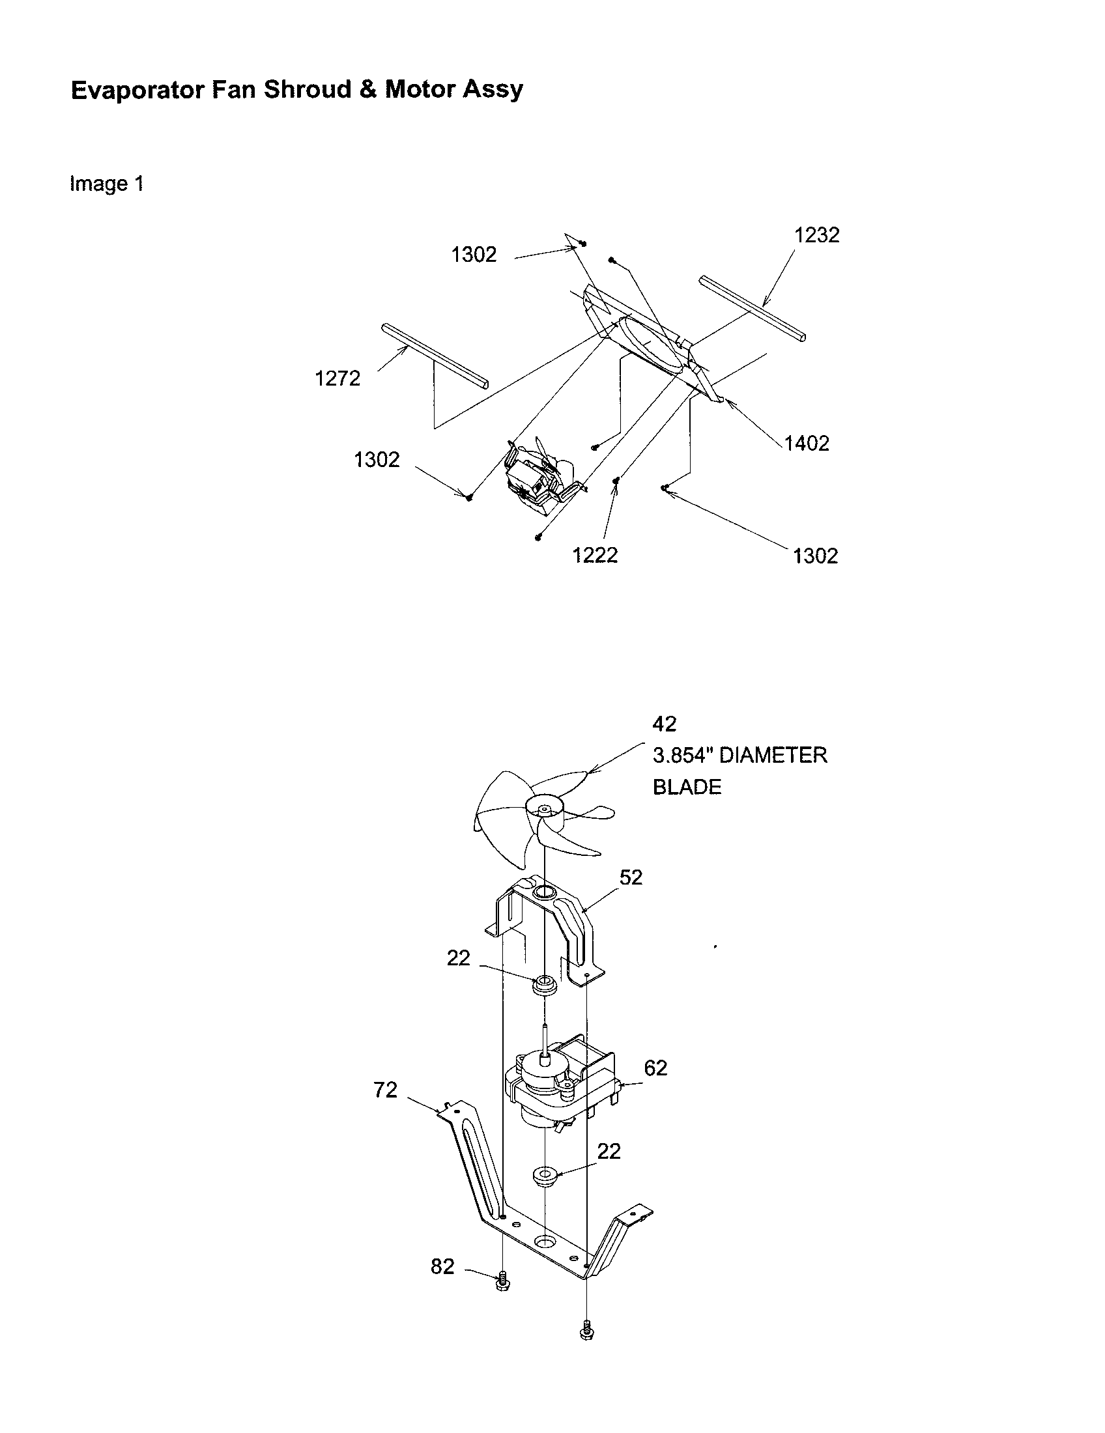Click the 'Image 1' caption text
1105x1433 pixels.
tap(106, 184)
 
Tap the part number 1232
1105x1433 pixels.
tap(816, 235)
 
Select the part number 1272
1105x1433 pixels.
tap(337, 378)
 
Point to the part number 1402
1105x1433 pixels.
tap(807, 444)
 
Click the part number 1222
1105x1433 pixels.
tap(594, 556)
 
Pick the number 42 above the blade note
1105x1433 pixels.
tap(664, 724)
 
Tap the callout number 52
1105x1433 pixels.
tap(631, 877)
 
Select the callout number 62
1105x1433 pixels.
tap(655, 1068)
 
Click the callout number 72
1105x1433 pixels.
tap(385, 1090)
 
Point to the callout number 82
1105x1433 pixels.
tap(442, 1266)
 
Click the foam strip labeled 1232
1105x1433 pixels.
tap(752, 308)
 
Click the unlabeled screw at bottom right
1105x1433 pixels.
tap(586, 1331)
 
